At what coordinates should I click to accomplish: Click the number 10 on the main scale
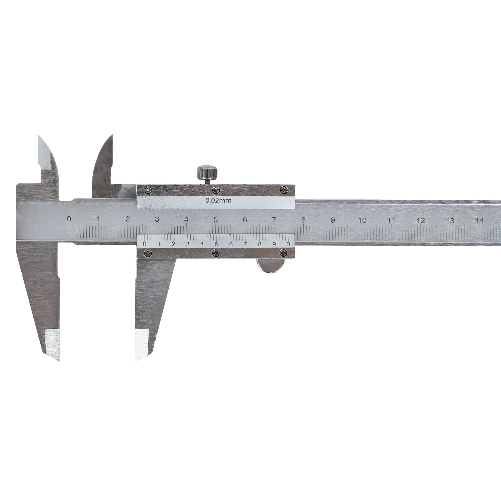tap(362, 220)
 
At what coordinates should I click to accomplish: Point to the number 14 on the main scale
tap(479, 221)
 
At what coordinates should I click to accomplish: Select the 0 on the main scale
tap(69, 219)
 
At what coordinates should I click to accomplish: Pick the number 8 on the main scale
tap(303, 220)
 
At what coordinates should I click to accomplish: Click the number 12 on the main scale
tap(421, 221)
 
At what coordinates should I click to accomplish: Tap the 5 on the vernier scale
tap(216, 244)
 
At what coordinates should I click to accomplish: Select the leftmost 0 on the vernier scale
tap(145, 244)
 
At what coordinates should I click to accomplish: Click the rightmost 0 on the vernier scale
tap(288, 244)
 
